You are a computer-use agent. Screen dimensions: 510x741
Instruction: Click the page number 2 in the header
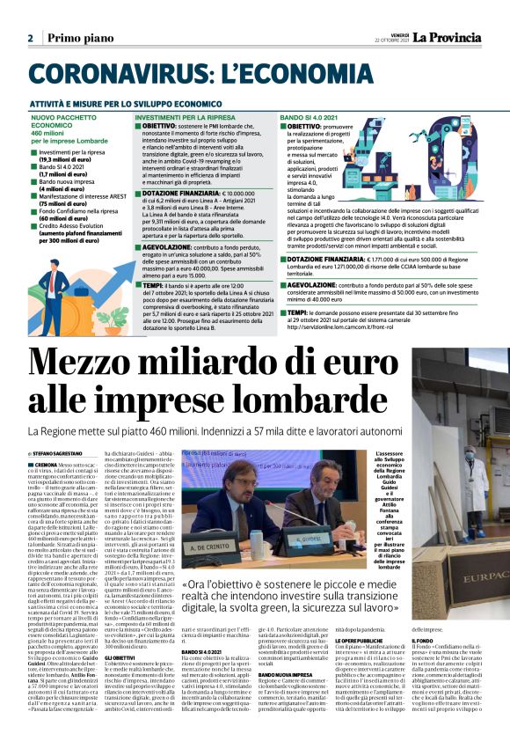[30, 38]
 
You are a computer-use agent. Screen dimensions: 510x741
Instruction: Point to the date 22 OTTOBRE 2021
[390, 40]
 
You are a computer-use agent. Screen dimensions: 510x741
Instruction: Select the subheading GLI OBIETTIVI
[120, 657]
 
